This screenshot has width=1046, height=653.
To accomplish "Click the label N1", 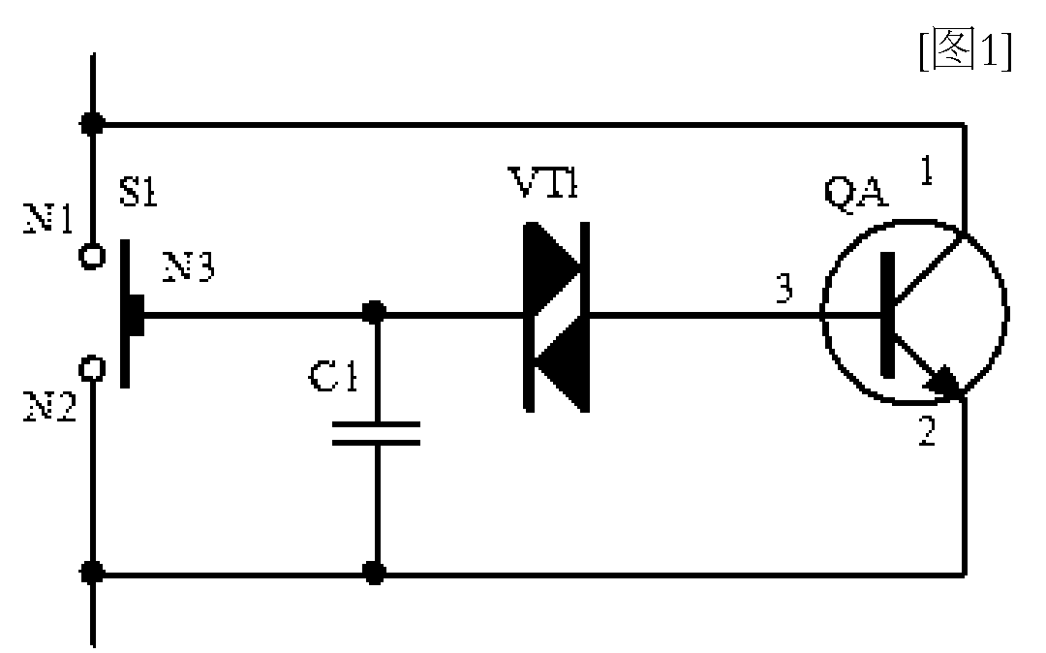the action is click(48, 218).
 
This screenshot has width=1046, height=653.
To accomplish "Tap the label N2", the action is click(50, 406).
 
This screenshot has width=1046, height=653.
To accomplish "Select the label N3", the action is click(189, 266).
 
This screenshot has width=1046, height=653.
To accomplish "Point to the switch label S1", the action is click(138, 191).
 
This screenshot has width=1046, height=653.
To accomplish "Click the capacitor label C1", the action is click(333, 376).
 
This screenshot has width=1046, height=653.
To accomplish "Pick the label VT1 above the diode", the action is click(542, 181).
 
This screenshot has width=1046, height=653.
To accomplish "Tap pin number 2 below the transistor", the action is click(927, 431).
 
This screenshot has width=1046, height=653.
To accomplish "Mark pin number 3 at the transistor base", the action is click(785, 289).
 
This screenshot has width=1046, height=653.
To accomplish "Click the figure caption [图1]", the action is click(966, 49).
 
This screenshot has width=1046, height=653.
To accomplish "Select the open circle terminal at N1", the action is click(92, 256).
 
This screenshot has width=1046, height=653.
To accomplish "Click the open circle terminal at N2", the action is click(92, 369).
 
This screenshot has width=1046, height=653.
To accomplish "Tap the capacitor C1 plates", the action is click(376, 433).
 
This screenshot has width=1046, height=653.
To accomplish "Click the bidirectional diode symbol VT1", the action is click(556, 317).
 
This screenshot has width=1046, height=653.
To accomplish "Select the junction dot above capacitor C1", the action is click(374, 312).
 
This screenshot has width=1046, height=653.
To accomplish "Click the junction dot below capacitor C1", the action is click(374, 573).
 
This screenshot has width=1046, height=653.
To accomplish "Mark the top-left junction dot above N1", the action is click(92, 123).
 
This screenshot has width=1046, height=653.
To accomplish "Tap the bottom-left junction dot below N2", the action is click(92, 573).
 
